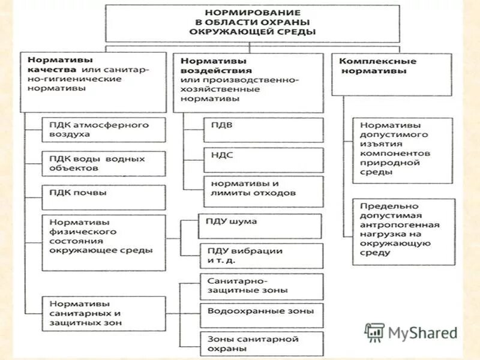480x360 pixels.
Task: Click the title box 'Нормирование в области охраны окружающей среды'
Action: coord(252,23)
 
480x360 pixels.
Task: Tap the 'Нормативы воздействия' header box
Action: coord(248,82)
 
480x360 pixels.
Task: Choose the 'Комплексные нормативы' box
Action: coord(391,73)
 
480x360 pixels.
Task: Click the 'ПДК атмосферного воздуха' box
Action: coord(104,130)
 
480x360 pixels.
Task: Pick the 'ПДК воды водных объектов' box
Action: coord(104,164)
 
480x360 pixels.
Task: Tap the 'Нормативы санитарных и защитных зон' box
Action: coord(104,313)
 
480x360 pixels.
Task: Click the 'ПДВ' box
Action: coord(263,130)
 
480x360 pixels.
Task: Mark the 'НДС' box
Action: coord(263,160)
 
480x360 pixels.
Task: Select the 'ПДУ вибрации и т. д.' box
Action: coord(260,256)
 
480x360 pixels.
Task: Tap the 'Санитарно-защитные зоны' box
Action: coord(261,286)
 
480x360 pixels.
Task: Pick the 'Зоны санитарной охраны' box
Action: coord(261,344)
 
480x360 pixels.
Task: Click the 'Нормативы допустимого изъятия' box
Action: coord(403,150)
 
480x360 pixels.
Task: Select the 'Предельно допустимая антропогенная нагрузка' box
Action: coord(403,231)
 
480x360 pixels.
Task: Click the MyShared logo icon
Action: coord(375,332)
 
